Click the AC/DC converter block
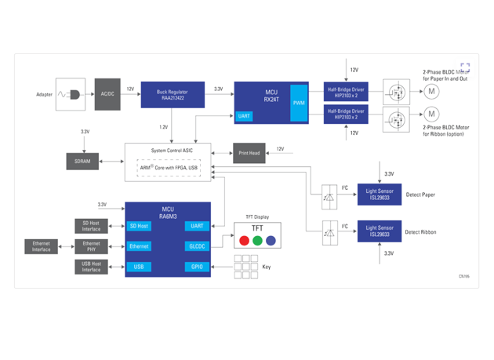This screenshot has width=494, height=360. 107,93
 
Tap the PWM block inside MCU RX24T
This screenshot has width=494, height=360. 299,103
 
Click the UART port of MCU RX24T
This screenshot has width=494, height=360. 244,116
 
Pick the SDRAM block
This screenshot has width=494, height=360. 82,161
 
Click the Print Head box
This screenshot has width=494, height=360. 249,152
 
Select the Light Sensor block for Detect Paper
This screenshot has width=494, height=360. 379,192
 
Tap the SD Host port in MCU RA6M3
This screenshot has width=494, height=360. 139,226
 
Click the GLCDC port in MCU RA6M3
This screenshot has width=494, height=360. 195,246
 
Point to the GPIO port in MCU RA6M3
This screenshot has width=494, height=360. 195,267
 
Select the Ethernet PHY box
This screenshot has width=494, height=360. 90,246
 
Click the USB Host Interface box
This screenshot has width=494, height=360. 90,267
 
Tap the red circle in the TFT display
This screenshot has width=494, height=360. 243,240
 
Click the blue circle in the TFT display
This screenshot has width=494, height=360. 271,240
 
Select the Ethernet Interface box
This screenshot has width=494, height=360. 41,246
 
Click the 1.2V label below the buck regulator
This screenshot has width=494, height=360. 163,126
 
